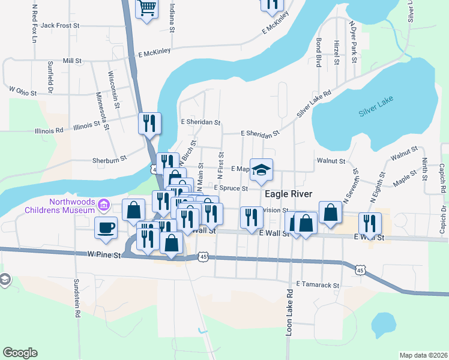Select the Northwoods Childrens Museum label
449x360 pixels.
[60, 206]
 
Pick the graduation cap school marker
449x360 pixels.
[262, 169]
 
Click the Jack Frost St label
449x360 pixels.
[60, 26]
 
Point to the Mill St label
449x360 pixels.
[71, 61]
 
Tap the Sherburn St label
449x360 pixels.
[109, 159]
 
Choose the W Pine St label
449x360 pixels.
[105, 255]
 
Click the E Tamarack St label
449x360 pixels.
[318, 285]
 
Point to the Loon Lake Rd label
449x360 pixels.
[289, 313]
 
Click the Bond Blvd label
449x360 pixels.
[319, 53]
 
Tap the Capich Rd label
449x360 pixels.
[442, 179]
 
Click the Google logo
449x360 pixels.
[20, 353]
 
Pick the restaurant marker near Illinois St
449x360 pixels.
[148, 123]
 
